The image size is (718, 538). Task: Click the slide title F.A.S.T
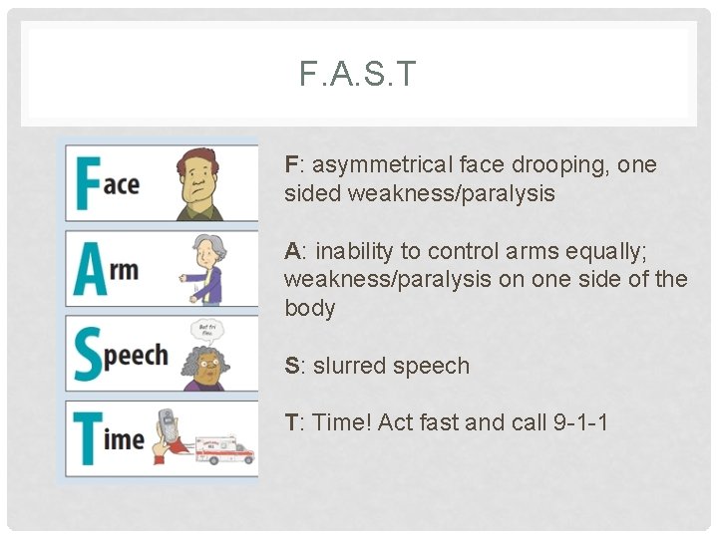pyautogui.click(x=358, y=74)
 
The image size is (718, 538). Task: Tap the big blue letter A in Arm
pyautogui.click(x=90, y=269)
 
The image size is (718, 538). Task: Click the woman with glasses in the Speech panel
pyautogui.click(x=205, y=367)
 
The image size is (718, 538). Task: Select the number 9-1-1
pyautogui.click(x=579, y=422)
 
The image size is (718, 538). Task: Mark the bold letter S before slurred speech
pyautogui.click(x=291, y=366)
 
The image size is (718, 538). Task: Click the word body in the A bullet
pyautogui.click(x=309, y=308)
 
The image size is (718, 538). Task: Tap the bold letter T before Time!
pyautogui.click(x=291, y=422)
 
